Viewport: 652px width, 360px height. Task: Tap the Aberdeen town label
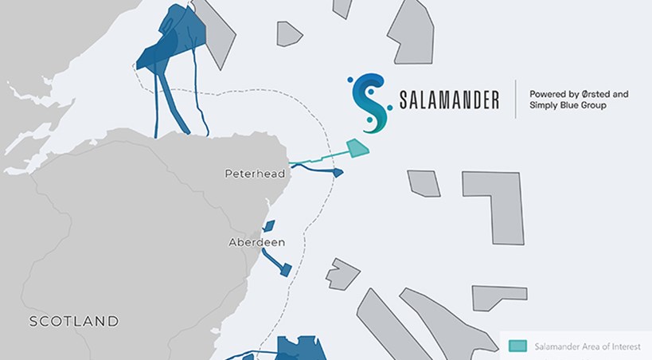[256, 242]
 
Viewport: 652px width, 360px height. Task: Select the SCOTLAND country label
[74, 322]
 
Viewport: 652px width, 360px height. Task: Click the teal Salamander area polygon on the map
[357, 148]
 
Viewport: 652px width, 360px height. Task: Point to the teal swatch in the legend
[517, 346]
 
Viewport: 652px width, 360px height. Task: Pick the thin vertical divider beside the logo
[515, 100]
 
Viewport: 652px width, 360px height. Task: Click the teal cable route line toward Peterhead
[318, 161]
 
